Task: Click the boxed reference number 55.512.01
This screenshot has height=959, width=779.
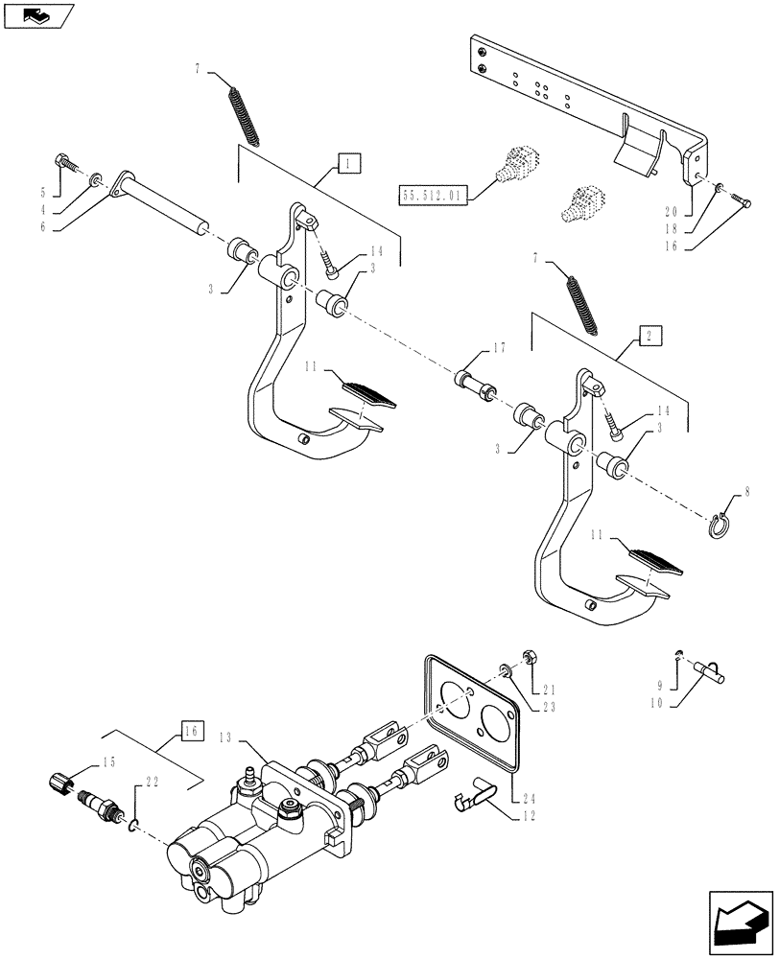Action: point(430,196)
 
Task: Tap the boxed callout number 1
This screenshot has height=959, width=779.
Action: point(348,164)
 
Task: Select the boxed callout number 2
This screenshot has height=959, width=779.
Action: point(649,336)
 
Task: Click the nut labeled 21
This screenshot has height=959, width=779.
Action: point(528,658)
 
